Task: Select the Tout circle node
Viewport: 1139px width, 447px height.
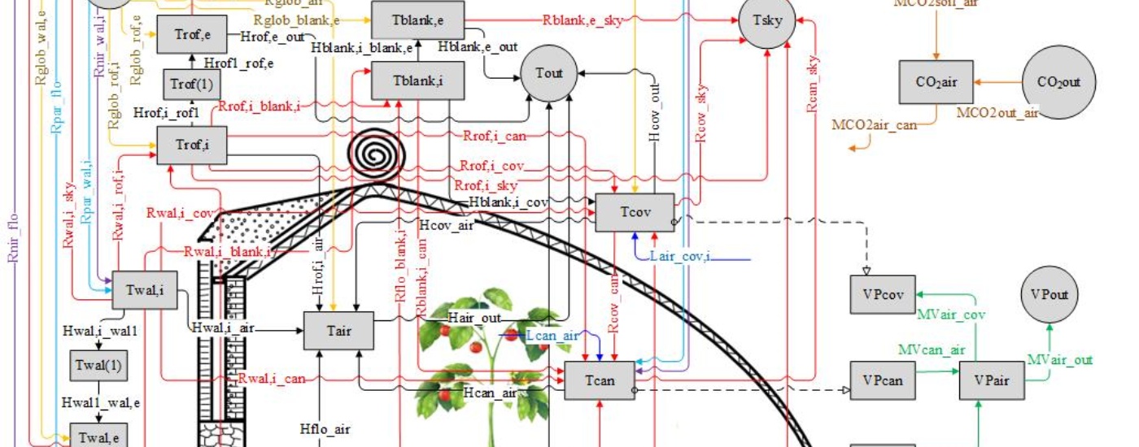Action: pyautogui.click(x=549, y=73)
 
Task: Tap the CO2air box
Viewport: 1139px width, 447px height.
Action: pyautogui.click(x=936, y=82)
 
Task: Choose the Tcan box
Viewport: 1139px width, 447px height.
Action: pyautogui.click(x=600, y=380)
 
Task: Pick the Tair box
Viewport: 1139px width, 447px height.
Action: pyautogui.click(x=338, y=331)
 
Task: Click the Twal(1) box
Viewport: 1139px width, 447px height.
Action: pyautogui.click(x=99, y=365)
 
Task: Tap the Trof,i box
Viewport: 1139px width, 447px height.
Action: pyautogui.click(x=191, y=145)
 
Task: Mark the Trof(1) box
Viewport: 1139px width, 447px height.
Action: pyautogui.click(x=191, y=85)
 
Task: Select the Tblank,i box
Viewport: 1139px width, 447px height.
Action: pyautogui.click(x=417, y=82)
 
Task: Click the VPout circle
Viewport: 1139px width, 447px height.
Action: pyautogui.click(x=1050, y=295)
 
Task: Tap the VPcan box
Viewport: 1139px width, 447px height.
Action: pyautogui.click(x=882, y=380)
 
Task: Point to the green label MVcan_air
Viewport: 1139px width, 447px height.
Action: pyautogui.click(x=932, y=349)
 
